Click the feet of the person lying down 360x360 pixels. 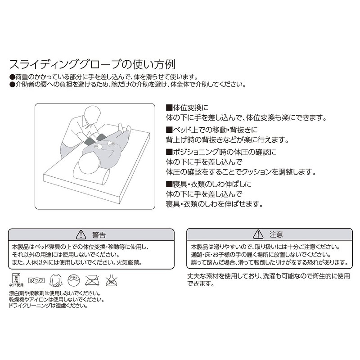124,128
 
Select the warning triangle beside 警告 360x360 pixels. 81,234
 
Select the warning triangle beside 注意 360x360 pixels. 258,234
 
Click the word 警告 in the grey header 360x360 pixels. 99,234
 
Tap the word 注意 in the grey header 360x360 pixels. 276,234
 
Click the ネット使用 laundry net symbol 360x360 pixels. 15,280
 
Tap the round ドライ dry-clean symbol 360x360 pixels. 74,279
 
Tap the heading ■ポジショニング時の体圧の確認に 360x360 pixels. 220,151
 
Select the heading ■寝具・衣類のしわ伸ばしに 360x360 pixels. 209,184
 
